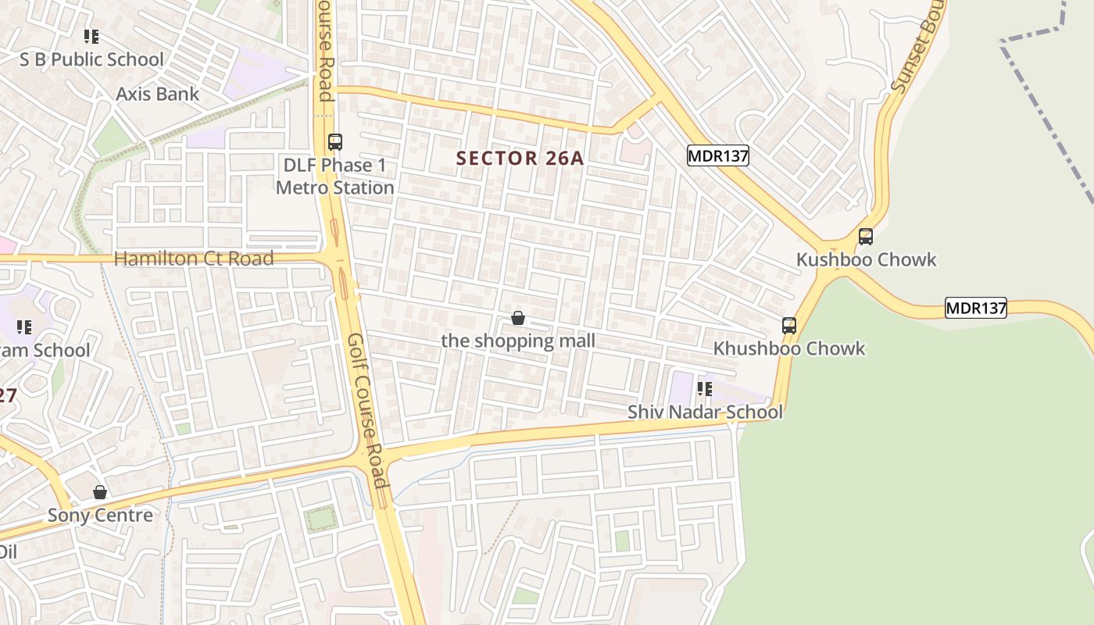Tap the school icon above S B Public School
[91, 36]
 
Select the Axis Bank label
[157, 94]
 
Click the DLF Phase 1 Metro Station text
[334, 177]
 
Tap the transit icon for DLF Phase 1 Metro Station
[335, 142]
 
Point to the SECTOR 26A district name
[520, 159]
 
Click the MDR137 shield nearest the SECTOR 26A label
[717, 156]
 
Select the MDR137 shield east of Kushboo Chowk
[975, 308]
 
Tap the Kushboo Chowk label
[866, 259]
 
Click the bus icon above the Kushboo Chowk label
[865, 237]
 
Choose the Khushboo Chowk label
[788, 348]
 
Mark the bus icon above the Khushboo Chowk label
[789, 326]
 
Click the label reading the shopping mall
[517, 341]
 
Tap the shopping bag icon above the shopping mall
[517, 318]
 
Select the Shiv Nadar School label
[705, 412]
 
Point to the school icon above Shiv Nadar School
[705, 388]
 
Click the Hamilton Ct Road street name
[194, 259]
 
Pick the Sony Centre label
[100, 516]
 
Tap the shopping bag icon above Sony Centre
[100, 492]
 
